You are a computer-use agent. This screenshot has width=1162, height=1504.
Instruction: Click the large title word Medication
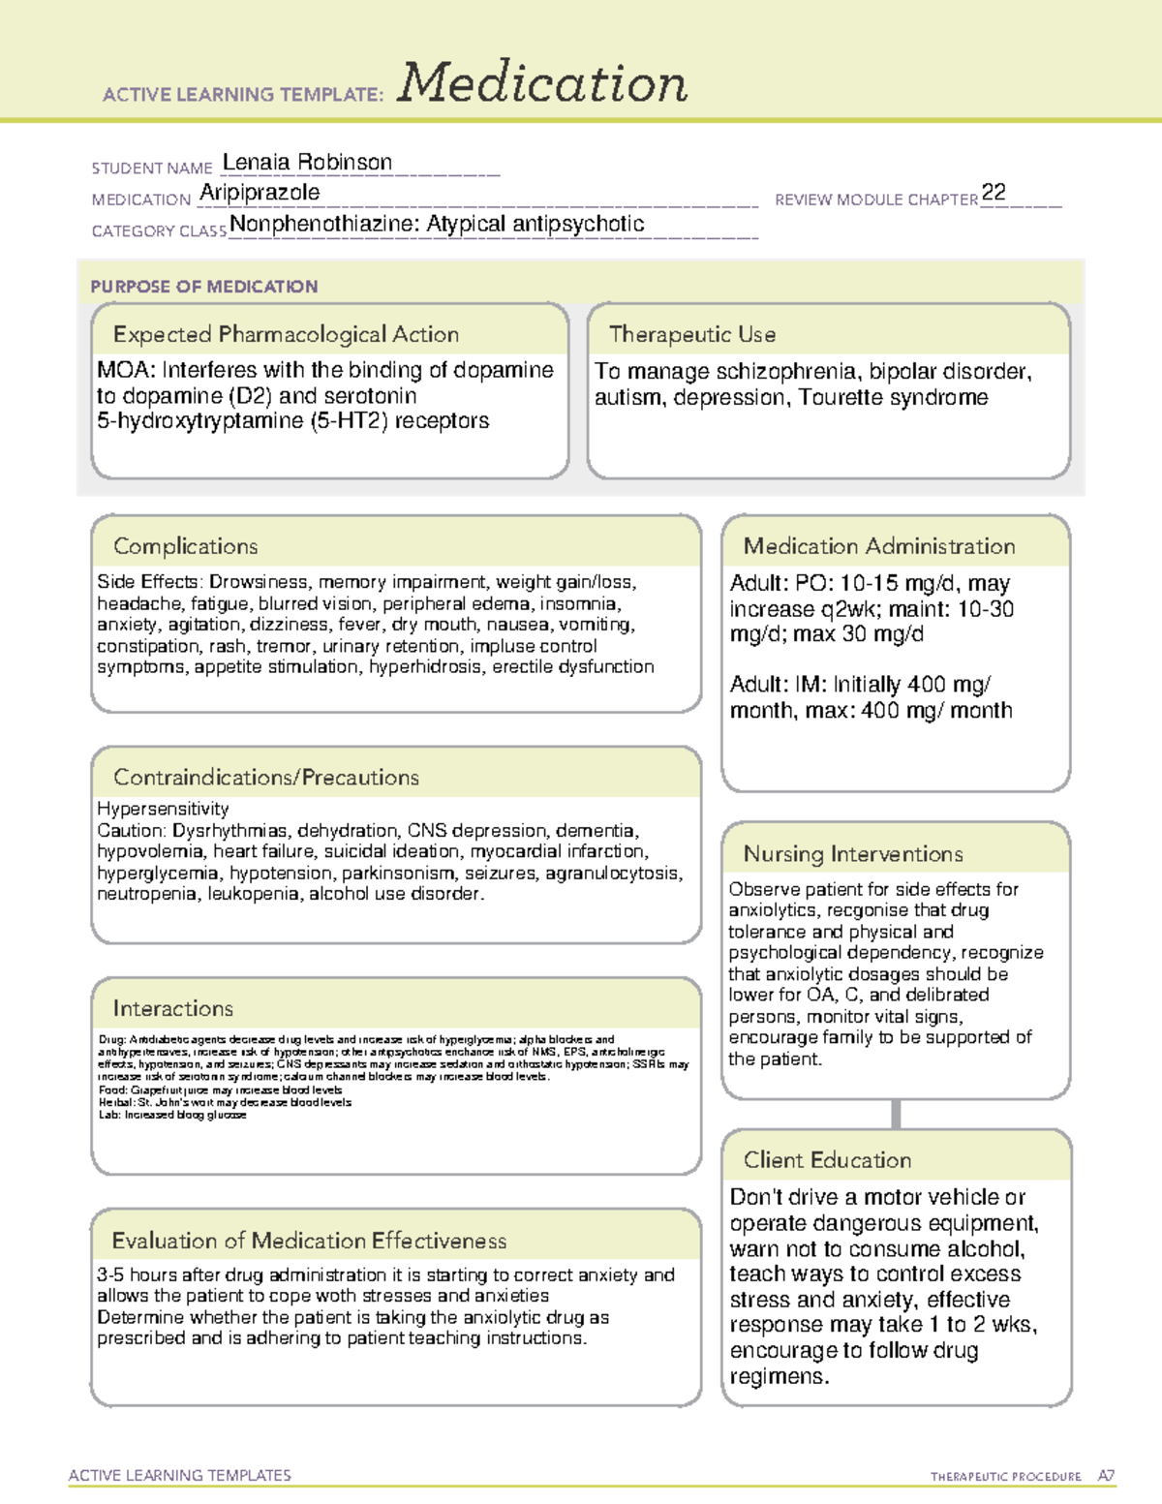[x=542, y=83]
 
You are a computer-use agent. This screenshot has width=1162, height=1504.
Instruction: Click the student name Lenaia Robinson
[x=307, y=163]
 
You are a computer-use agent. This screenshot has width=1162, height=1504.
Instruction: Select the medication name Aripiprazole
[x=260, y=193]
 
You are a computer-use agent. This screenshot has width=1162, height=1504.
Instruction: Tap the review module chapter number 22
[x=994, y=192]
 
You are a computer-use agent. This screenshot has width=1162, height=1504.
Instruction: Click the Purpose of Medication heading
[x=204, y=287]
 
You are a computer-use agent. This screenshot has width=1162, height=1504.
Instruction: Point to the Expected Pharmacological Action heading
[x=286, y=334]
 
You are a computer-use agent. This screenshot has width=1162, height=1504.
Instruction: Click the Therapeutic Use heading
[x=692, y=334]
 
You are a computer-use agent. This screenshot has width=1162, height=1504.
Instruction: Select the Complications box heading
[x=186, y=546]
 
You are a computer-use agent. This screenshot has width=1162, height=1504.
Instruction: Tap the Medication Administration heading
[x=879, y=546]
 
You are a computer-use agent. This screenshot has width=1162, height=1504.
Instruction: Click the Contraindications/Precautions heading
[x=266, y=777]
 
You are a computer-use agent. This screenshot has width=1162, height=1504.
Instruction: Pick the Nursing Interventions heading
[x=853, y=853]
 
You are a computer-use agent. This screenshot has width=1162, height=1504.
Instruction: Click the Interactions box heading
[x=173, y=1008]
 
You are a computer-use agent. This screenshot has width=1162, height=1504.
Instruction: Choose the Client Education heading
[x=827, y=1159]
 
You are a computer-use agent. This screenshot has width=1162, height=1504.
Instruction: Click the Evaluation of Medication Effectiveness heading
[x=309, y=1241]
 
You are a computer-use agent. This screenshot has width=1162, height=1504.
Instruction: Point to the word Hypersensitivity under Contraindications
[x=163, y=809]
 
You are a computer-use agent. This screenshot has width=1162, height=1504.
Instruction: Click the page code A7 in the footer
[x=1106, y=1476]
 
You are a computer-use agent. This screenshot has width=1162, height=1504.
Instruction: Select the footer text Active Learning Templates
[x=180, y=1475]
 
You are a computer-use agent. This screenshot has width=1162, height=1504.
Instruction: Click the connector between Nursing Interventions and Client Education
[x=896, y=1114]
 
